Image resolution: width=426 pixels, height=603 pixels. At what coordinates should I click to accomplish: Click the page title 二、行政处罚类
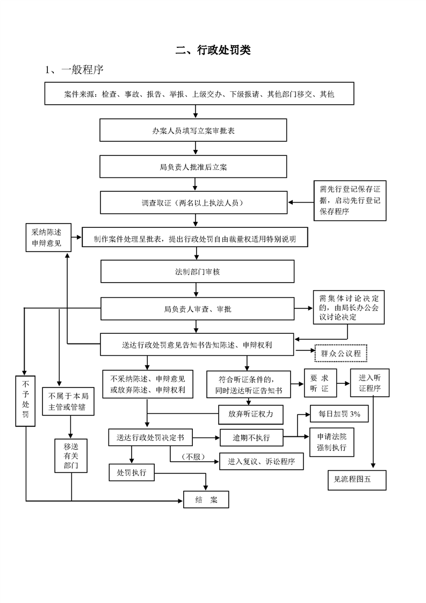[213, 50]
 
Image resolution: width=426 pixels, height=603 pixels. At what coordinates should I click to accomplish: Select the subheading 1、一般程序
[74, 70]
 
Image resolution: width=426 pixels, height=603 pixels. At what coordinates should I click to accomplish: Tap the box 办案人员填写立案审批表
[193, 130]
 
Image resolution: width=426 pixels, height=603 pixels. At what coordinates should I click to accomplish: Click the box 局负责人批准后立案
[193, 167]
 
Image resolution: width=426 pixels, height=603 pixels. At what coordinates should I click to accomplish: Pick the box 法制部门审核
[197, 271]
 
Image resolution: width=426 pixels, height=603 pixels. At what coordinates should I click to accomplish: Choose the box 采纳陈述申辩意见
[48, 238]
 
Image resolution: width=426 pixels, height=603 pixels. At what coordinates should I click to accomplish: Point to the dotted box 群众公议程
[341, 353]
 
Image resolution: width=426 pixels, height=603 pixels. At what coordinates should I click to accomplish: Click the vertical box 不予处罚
[25, 401]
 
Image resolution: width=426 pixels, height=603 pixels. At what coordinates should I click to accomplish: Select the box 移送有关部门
[71, 456]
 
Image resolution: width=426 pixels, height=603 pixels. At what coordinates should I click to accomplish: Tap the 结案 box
[206, 500]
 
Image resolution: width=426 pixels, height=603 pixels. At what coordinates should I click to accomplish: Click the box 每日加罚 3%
[340, 414]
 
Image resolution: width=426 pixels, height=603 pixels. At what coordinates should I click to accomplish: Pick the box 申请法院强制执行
[332, 442]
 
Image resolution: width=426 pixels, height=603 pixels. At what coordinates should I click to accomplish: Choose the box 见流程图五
[357, 479]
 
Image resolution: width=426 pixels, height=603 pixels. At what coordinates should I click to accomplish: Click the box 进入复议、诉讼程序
[262, 461]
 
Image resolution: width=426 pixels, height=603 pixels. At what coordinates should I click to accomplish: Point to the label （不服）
[193, 456]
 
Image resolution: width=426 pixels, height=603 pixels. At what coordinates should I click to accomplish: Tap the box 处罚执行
[132, 472]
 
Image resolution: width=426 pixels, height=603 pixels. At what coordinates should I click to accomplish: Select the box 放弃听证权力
[251, 414]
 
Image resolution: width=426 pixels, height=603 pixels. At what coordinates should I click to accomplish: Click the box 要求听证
[320, 383]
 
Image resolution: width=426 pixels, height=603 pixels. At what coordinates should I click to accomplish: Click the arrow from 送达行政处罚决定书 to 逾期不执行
[206, 437]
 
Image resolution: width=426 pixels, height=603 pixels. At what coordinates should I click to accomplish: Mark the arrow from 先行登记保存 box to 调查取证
[301, 202]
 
